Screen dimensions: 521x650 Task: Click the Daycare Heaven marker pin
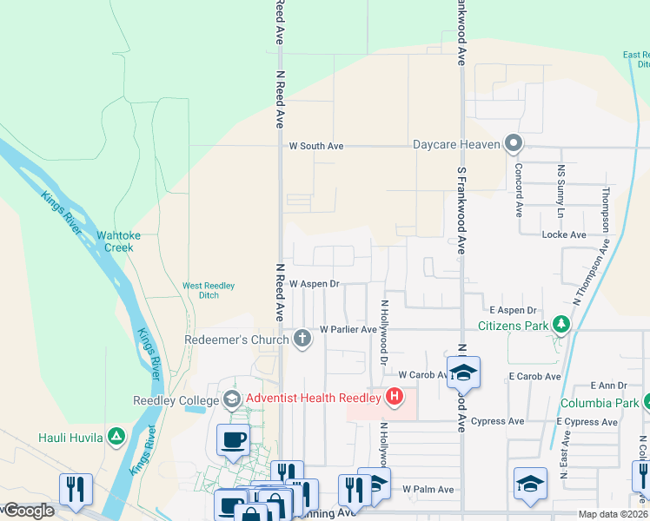pos(514,143)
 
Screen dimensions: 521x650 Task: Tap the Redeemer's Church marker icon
pos(302,338)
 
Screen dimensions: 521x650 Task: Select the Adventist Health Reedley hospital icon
pos(395,398)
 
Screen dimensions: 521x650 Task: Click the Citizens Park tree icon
pos(561,326)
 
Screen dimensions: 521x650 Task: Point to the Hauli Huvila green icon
pos(116,436)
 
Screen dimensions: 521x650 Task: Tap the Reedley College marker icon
pos(232,399)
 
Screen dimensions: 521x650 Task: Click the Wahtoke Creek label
pos(115,241)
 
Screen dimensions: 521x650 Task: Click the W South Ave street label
pos(316,146)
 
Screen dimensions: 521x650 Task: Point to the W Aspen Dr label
pos(314,284)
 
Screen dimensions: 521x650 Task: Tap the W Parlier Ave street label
pos(348,330)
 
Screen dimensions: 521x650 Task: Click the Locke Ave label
pos(563,234)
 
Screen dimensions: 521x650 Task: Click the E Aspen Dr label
pos(513,310)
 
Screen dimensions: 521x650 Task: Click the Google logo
pos(28,511)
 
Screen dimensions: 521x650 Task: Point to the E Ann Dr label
pos(608,385)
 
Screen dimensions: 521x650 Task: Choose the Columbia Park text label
pos(596,403)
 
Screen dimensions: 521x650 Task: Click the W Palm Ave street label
pos(428,490)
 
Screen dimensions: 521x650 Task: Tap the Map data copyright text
pos(612,514)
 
